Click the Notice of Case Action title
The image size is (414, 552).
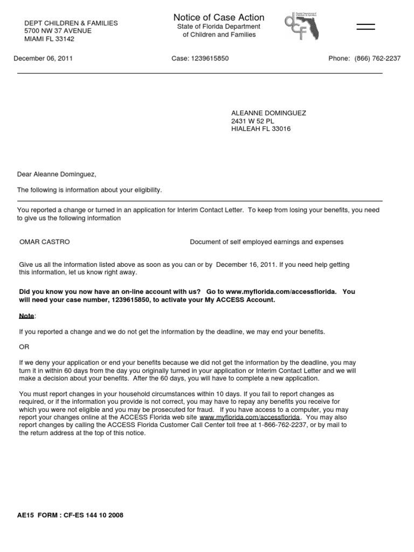tap(218, 17)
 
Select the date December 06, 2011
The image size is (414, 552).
tap(43, 58)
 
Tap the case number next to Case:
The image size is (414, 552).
tap(209, 58)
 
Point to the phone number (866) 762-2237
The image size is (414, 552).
tap(377, 58)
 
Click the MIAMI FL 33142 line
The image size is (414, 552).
tap(50, 39)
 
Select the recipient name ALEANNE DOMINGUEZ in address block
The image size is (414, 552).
tap(268, 113)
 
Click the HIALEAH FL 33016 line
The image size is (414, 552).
tap(261, 129)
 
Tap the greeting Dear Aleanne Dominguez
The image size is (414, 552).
tap(57, 174)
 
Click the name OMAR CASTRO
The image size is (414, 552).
tap(45, 242)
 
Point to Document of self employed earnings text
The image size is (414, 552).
tap(266, 242)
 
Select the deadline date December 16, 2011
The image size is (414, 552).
tap(246, 265)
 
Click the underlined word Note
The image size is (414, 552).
tap(26, 315)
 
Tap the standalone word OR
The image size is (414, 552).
tap(24, 347)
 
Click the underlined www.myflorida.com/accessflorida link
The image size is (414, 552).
tap(249, 417)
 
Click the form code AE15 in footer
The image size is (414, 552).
tap(25, 515)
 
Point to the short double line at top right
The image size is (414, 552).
tap(365, 27)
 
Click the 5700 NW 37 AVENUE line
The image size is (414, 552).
tap(58, 31)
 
